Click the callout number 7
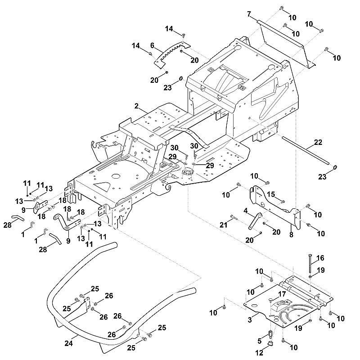coord(250,14)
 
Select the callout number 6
coord(152,45)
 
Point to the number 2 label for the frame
coord(137,106)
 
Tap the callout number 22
coord(318,142)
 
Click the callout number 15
coord(271,194)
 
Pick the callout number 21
coord(223,225)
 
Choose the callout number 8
coord(291,235)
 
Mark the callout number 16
coord(320,258)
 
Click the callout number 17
coord(282,294)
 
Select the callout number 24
coord(69,343)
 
